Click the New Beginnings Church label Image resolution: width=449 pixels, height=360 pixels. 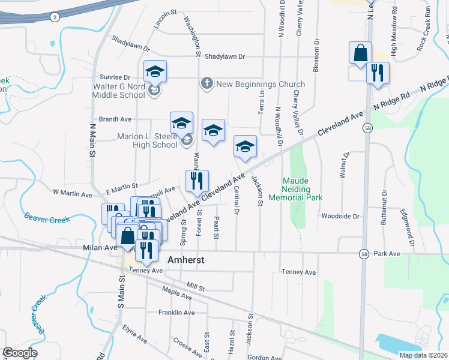[x=260, y=85]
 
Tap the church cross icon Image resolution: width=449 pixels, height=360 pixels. [x=206, y=84]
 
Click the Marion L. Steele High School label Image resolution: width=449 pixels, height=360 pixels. [x=148, y=140]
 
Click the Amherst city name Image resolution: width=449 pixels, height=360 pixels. [x=187, y=260]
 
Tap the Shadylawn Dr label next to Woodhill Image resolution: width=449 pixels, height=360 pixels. [x=225, y=57]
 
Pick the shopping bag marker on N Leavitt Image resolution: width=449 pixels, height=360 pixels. [x=360, y=53]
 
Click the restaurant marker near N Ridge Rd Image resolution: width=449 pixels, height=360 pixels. [x=378, y=73]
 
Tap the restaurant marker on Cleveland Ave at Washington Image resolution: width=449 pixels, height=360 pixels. [x=197, y=181]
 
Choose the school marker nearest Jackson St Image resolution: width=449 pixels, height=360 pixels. [x=245, y=146]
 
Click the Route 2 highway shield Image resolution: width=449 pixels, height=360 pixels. [x=55, y=17]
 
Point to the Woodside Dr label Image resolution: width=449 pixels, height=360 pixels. [x=340, y=216]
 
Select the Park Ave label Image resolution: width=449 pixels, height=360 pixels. [x=387, y=254]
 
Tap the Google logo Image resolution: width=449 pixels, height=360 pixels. [x=20, y=353]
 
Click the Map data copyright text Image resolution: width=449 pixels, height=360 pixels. [x=423, y=355]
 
